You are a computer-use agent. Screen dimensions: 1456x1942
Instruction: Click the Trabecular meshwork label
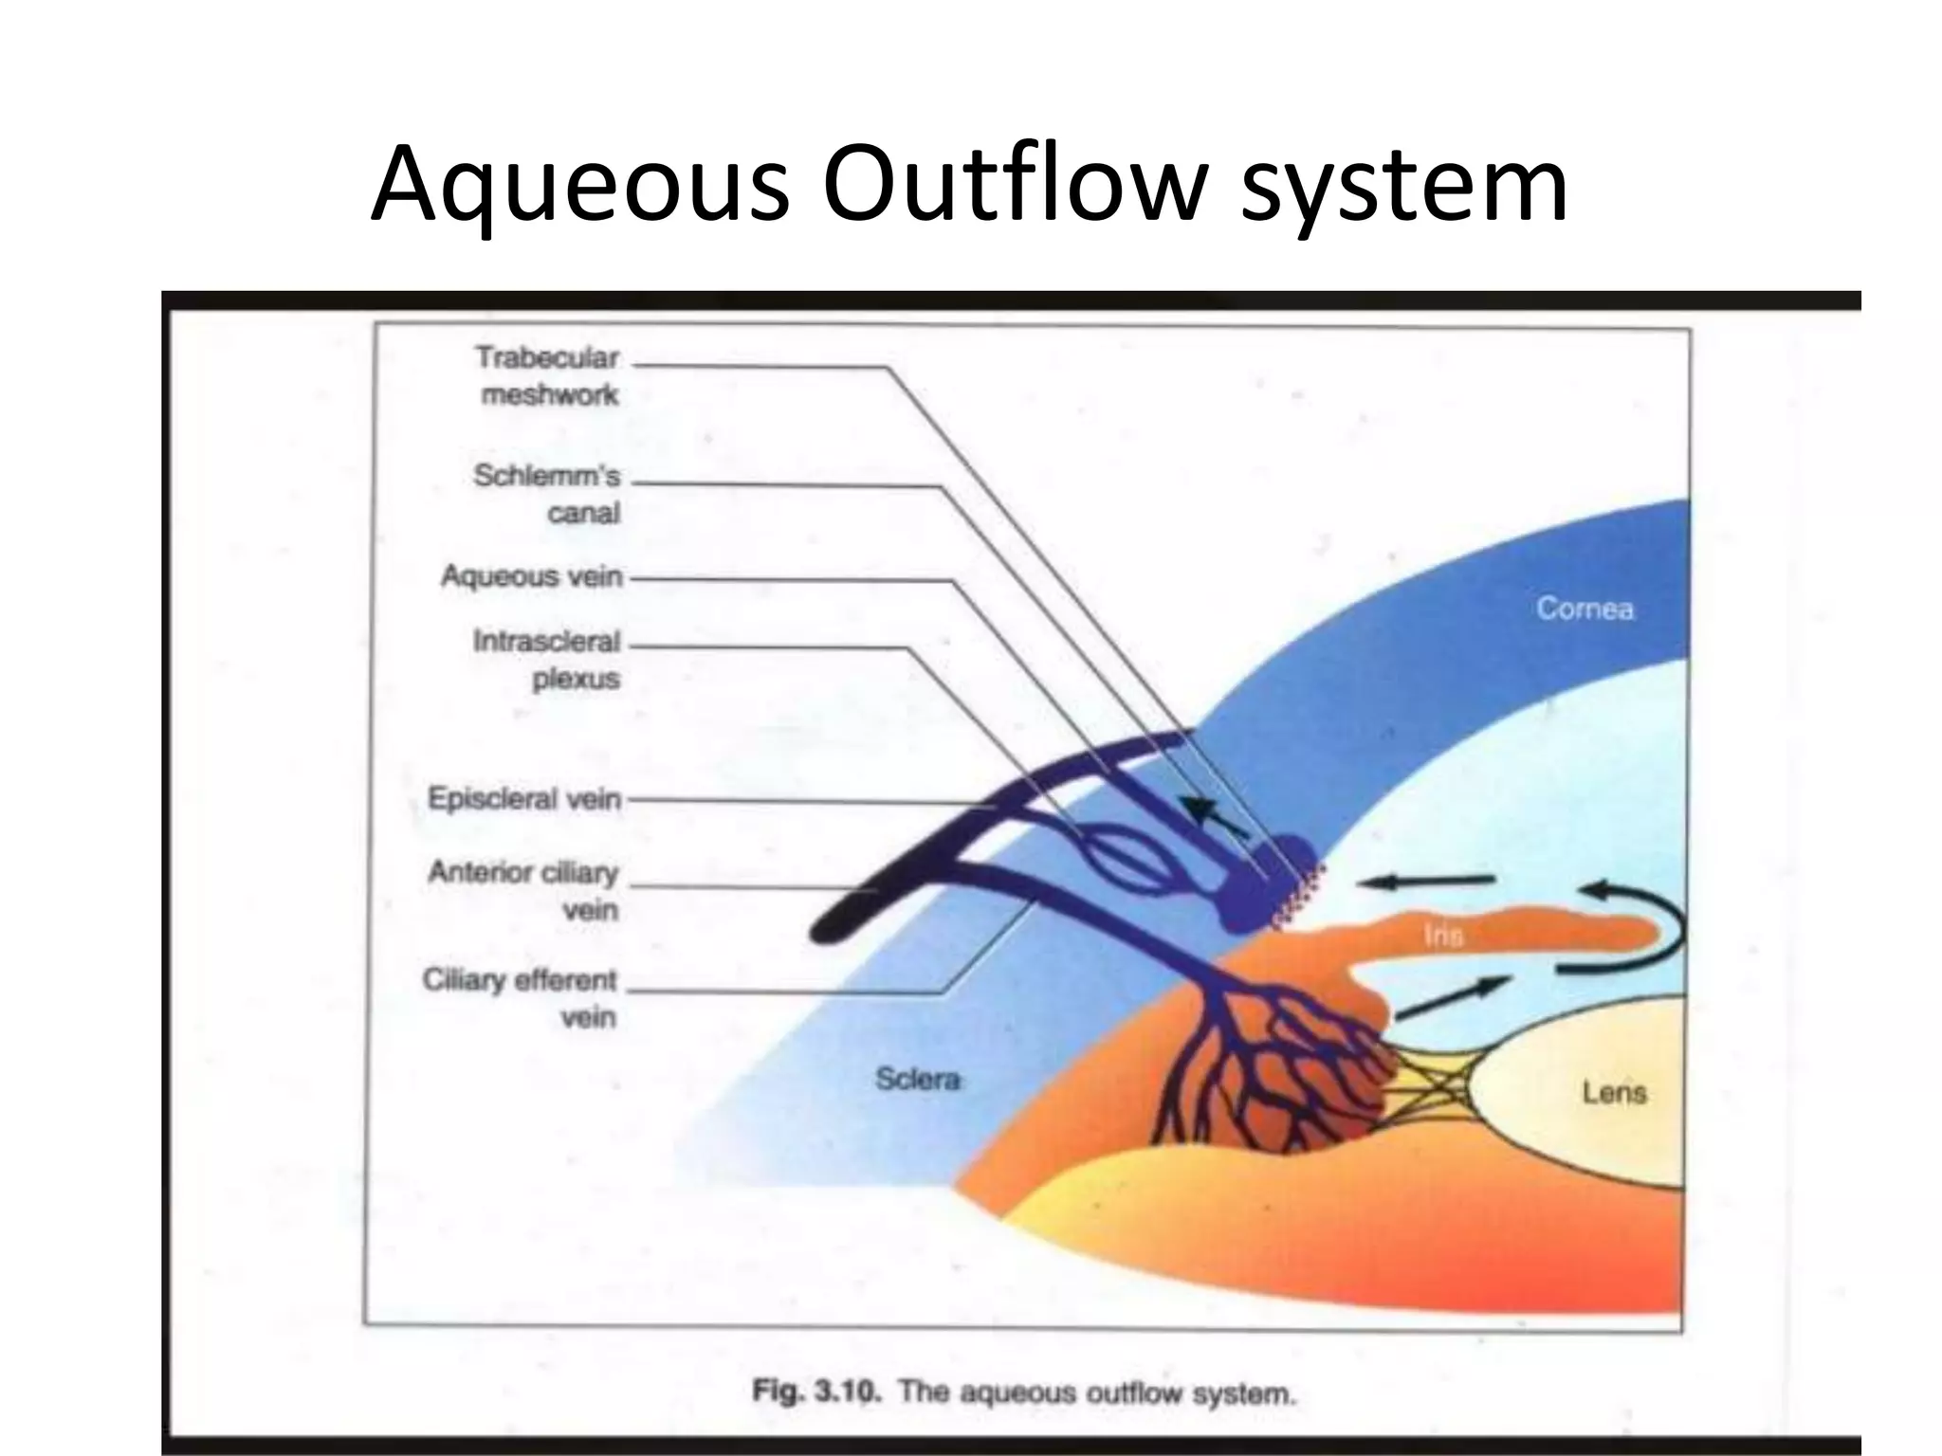click(548, 376)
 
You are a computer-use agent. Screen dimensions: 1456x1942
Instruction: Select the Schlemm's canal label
click(548, 494)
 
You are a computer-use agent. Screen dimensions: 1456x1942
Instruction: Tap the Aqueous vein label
click(532, 576)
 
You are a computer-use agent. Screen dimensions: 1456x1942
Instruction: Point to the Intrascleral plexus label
click(547, 660)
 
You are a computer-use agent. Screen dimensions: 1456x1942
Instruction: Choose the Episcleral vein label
click(524, 799)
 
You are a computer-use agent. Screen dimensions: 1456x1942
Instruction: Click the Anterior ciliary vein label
click(523, 890)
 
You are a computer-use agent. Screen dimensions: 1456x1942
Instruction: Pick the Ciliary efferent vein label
click(521, 997)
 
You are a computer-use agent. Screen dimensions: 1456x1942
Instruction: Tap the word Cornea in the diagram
click(1585, 608)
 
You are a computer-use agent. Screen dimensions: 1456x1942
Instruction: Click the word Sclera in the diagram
click(917, 1079)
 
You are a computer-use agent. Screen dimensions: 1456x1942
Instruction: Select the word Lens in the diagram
click(1614, 1093)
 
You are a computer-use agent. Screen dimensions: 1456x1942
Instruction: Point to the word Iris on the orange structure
click(1443, 936)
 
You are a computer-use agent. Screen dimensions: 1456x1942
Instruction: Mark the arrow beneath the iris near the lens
click(1451, 999)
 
